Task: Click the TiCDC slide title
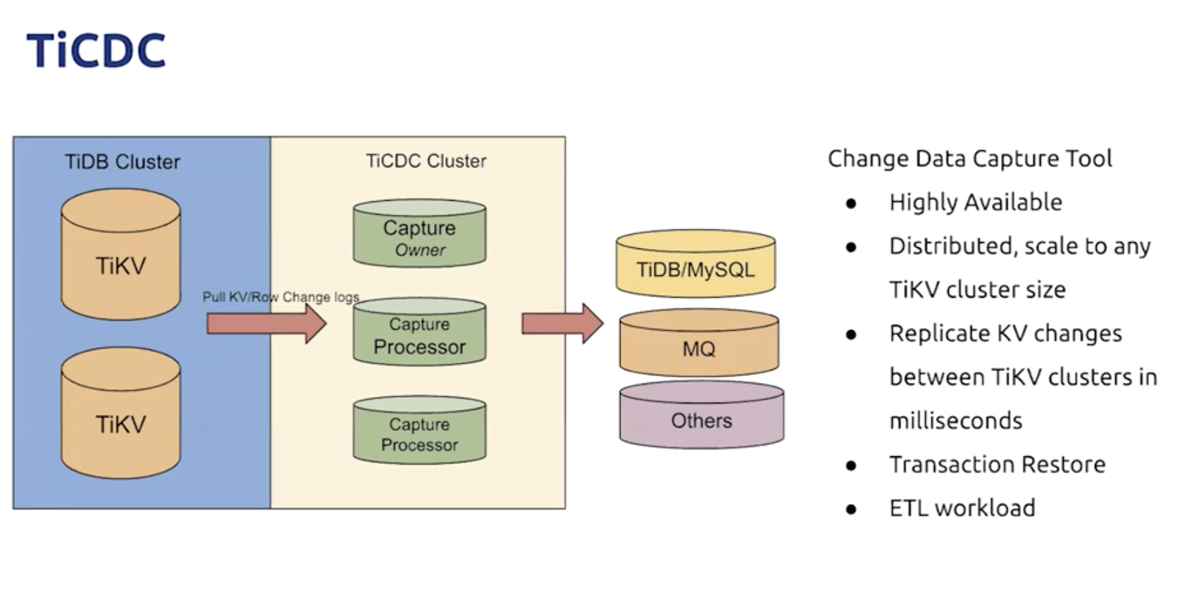point(96,50)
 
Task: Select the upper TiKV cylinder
point(120,255)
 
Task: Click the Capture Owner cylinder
point(419,234)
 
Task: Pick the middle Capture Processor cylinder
point(419,332)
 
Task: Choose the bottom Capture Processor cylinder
point(419,431)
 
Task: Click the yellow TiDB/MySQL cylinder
point(695,265)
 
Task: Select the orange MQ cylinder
point(699,343)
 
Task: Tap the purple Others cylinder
point(701,415)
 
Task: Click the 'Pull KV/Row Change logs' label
point(280,297)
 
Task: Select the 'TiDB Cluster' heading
point(123,162)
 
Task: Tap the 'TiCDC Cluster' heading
point(426,161)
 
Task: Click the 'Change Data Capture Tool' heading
point(969,158)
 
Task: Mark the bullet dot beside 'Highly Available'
point(851,204)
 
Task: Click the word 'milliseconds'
point(955,421)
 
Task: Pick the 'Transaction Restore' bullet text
point(997,465)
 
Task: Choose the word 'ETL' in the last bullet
point(908,508)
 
